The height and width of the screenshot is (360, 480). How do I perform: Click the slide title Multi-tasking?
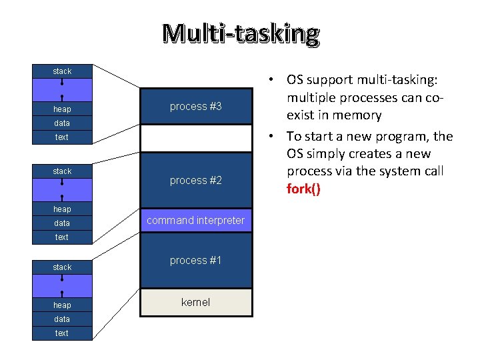tap(241, 33)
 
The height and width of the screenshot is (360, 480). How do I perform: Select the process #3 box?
tap(195, 107)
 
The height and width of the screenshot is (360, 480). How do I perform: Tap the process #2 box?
tap(195, 181)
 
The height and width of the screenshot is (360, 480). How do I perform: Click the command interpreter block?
tap(195, 221)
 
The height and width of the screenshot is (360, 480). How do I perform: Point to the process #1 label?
tap(195, 261)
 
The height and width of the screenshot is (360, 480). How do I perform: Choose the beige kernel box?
tap(195, 303)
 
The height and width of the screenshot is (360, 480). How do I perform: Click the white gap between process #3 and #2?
tap(195, 139)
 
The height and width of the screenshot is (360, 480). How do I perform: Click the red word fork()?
tap(303, 189)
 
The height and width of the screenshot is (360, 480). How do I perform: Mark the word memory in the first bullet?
tap(359, 115)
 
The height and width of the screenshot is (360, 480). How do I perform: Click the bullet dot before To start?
tap(275, 137)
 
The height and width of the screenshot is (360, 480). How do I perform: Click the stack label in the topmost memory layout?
tap(62, 71)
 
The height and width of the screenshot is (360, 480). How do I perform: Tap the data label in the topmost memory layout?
tap(62, 123)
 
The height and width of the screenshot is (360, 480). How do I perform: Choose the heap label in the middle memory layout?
tap(62, 209)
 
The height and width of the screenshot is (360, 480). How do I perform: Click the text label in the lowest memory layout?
tap(62, 333)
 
